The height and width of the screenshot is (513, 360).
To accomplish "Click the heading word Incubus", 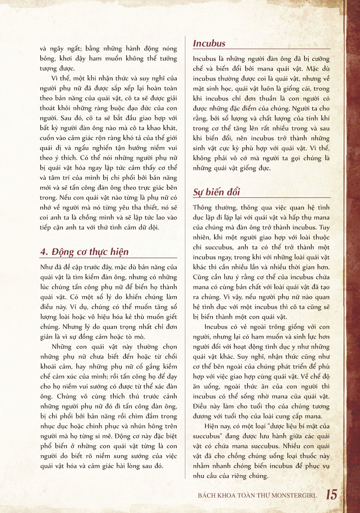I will click(209, 43).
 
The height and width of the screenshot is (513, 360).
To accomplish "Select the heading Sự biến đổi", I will click(216, 192).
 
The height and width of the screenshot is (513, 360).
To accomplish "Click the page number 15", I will click(331, 494).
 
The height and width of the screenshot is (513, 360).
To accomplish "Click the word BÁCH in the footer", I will click(206, 495).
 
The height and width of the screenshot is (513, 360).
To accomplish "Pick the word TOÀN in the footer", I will click(247, 495).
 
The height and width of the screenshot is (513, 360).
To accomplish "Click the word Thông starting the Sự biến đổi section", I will click(202, 208).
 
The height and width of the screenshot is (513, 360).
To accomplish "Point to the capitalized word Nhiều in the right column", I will click(291, 446).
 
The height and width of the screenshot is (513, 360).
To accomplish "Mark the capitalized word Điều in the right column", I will click(200, 407).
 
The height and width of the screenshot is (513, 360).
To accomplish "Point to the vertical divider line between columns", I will click(185, 256).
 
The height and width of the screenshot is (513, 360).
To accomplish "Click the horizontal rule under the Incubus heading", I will click(261, 49).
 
